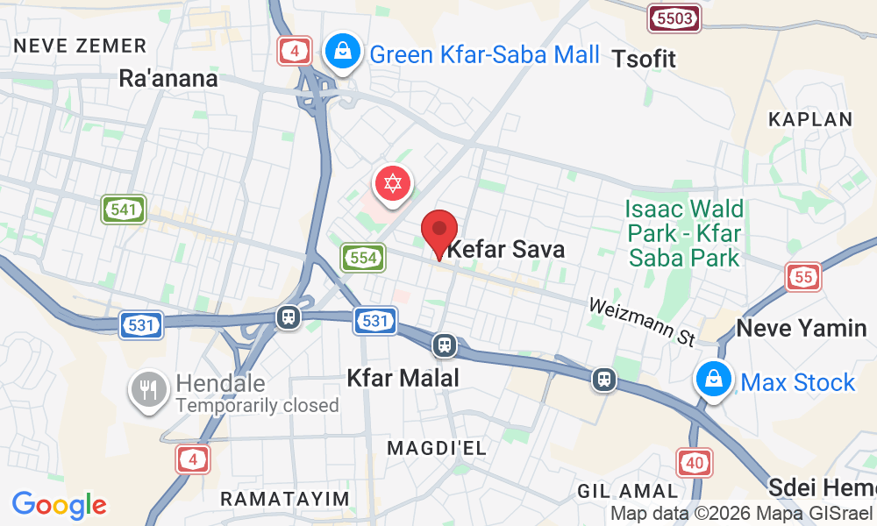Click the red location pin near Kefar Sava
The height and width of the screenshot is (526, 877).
click(439, 231)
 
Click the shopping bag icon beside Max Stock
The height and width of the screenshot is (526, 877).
click(715, 381)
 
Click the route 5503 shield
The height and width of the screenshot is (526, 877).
click(674, 18)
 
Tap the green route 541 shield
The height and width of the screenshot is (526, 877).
click(124, 209)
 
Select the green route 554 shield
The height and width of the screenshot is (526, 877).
click(363, 257)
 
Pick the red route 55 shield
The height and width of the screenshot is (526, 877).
click(804, 277)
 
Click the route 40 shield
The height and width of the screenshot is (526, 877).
click(695, 461)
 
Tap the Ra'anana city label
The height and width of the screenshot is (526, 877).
click(168, 78)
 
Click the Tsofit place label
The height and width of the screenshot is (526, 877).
click(645, 59)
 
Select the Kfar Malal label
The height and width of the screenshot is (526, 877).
click(403, 379)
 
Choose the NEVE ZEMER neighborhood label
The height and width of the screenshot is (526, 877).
click(80, 46)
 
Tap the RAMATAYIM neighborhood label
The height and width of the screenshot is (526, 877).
click(285, 499)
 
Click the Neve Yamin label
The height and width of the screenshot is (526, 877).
click(802, 329)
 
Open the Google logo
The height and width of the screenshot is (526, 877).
click(59, 505)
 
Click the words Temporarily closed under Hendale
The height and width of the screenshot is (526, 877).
click(257, 405)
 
